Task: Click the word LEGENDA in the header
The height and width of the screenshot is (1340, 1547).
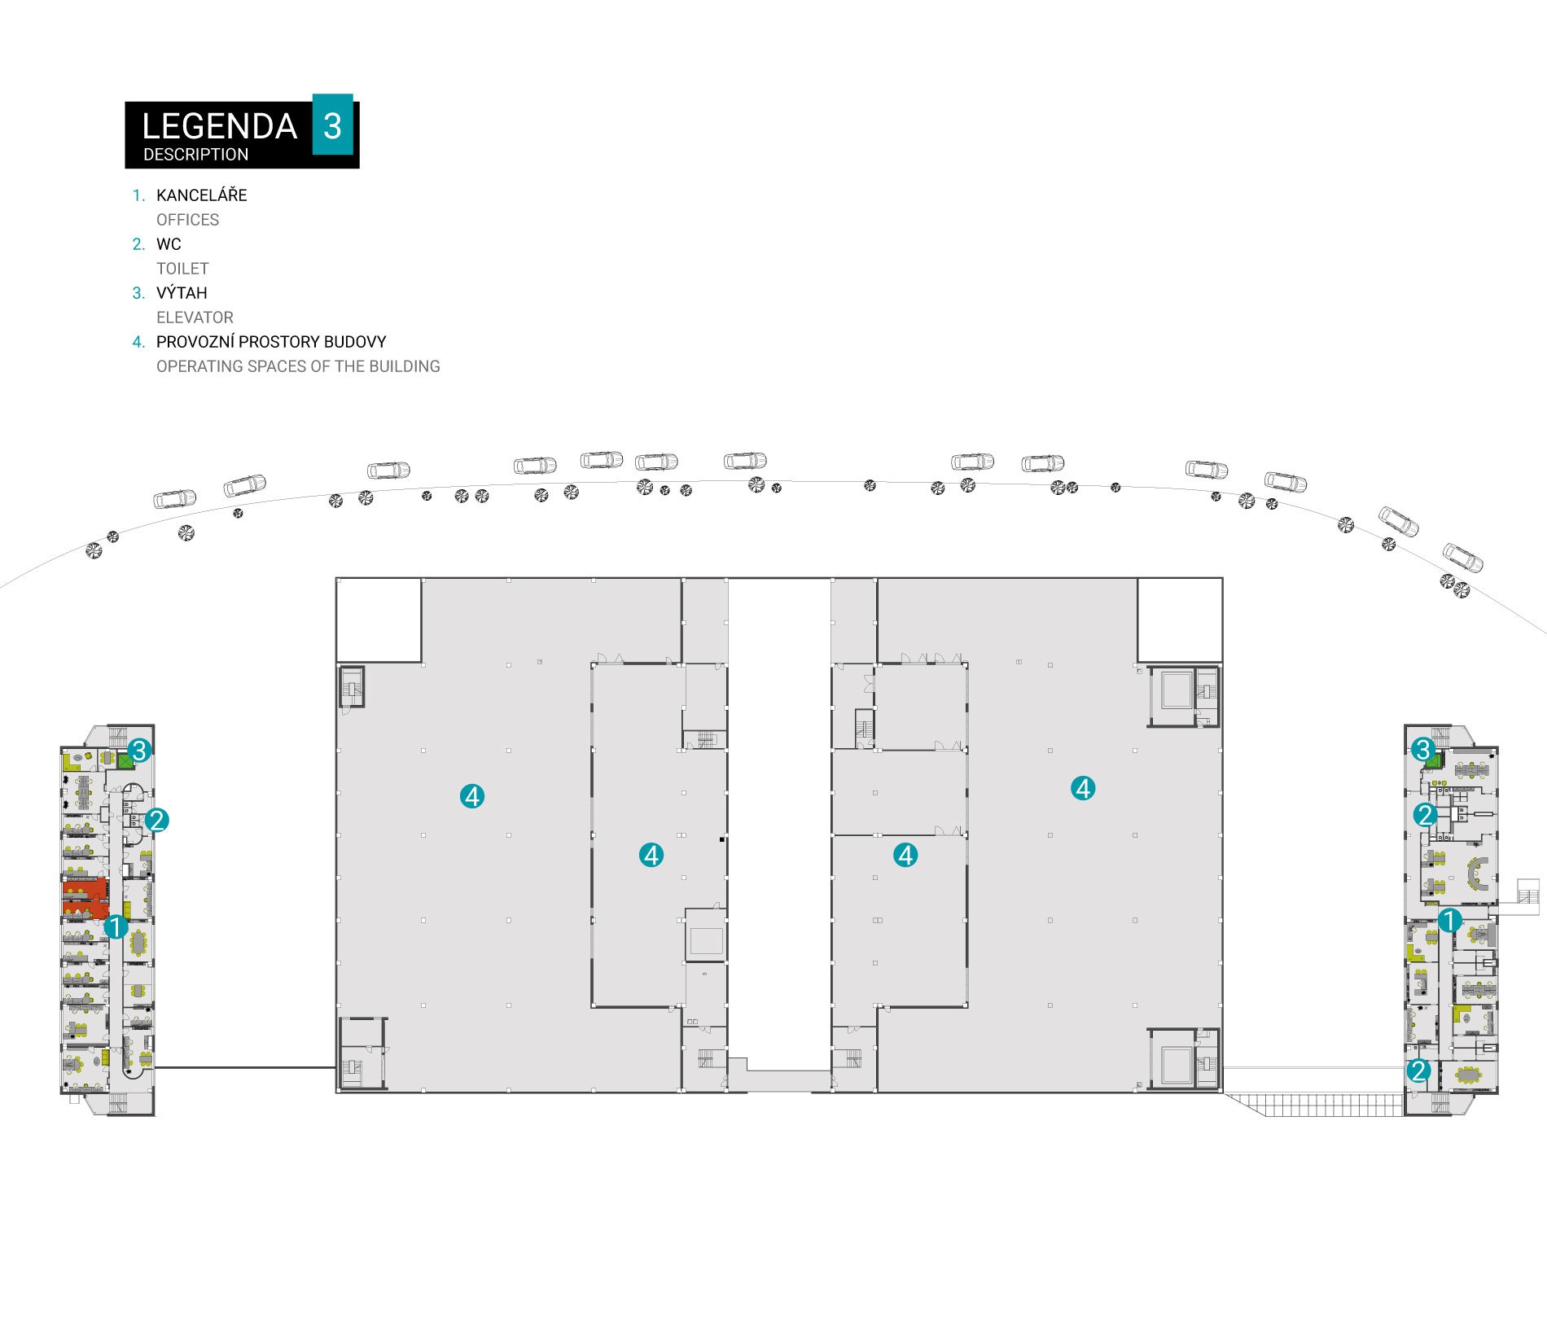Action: click(x=219, y=126)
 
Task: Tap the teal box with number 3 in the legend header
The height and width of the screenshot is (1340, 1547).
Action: click(x=333, y=125)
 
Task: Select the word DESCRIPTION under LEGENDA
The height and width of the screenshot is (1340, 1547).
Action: click(x=195, y=155)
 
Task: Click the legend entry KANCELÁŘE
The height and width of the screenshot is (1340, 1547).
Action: click(x=201, y=195)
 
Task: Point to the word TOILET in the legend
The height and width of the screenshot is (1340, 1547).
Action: click(x=182, y=269)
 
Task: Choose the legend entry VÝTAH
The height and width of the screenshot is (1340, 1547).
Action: click(x=182, y=293)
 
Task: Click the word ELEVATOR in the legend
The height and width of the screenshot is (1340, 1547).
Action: click(x=195, y=317)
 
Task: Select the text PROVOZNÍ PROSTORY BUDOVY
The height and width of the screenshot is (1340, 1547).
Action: click(x=271, y=342)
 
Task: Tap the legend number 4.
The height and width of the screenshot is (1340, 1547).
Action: click(x=138, y=342)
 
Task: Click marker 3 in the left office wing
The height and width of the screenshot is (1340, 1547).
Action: click(x=139, y=750)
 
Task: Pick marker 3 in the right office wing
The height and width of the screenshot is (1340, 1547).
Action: click(x=1423, y=750)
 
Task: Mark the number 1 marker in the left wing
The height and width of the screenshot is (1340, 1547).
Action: click(x=116, y=926)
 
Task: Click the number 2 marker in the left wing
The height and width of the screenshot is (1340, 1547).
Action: click(x=157, y=820)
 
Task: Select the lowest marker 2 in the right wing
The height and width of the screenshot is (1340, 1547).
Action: click(x=1418, y=1071)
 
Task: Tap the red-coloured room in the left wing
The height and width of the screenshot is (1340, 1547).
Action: click(x=85, y=897)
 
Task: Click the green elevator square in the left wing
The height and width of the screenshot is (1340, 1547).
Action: click(x=125, y=761)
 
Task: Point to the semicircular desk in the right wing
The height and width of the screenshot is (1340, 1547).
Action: click(x=1475, y=874)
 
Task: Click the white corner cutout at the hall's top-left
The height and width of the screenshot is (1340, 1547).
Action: click(x=379, y=620)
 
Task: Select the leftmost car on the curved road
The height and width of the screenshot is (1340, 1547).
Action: click(x=175, y=498)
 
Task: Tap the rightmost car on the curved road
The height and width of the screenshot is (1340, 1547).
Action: click(x=1463, y=558)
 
